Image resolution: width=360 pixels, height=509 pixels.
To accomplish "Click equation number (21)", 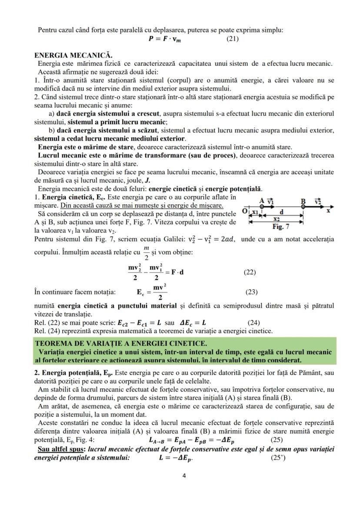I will [x=233, y=39].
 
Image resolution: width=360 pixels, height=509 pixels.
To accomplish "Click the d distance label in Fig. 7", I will [x=281, y=212].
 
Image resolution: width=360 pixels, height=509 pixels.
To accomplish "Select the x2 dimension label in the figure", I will [x=276, y=219].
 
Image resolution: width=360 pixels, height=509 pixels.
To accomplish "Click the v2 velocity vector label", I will [x=317, y=201].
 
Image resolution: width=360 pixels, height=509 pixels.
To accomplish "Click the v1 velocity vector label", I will [x=270, y=201].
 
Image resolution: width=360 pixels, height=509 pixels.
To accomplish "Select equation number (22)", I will [x=250, y=273].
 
